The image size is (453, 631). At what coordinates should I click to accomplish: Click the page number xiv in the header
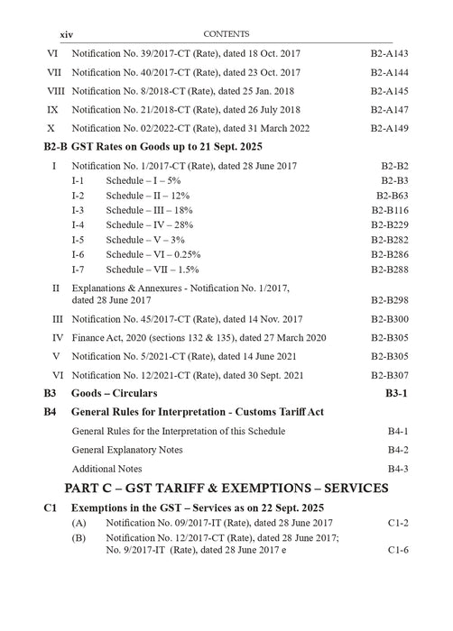coord(66,34)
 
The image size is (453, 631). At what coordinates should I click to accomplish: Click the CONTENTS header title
coord(226,33)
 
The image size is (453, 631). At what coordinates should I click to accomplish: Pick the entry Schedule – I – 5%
coord(143,180)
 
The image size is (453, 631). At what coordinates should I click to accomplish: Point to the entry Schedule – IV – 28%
coord(149,224)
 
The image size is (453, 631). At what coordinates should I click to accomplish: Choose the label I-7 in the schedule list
coord(79,269)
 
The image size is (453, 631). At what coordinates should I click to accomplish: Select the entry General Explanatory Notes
coord(127,449)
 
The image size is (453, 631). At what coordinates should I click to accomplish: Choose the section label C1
coord(51,508)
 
